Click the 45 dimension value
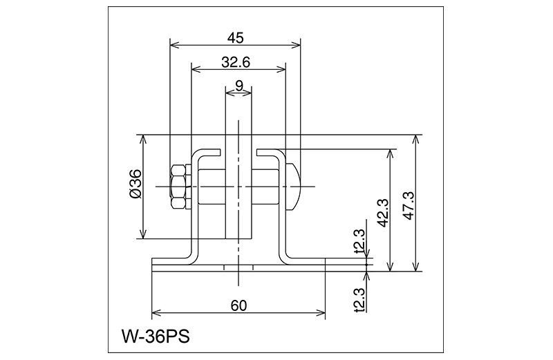pos(235,38)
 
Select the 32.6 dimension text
pos(236,62)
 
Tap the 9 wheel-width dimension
pos(239,85)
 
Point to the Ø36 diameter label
pos(135,184)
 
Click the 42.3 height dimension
pos(384,213)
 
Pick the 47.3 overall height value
pos(409,206)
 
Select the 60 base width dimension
pos(238,305)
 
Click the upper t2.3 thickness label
pos(360,242)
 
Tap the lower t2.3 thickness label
pos(360,300)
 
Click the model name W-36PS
pos(156,337)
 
